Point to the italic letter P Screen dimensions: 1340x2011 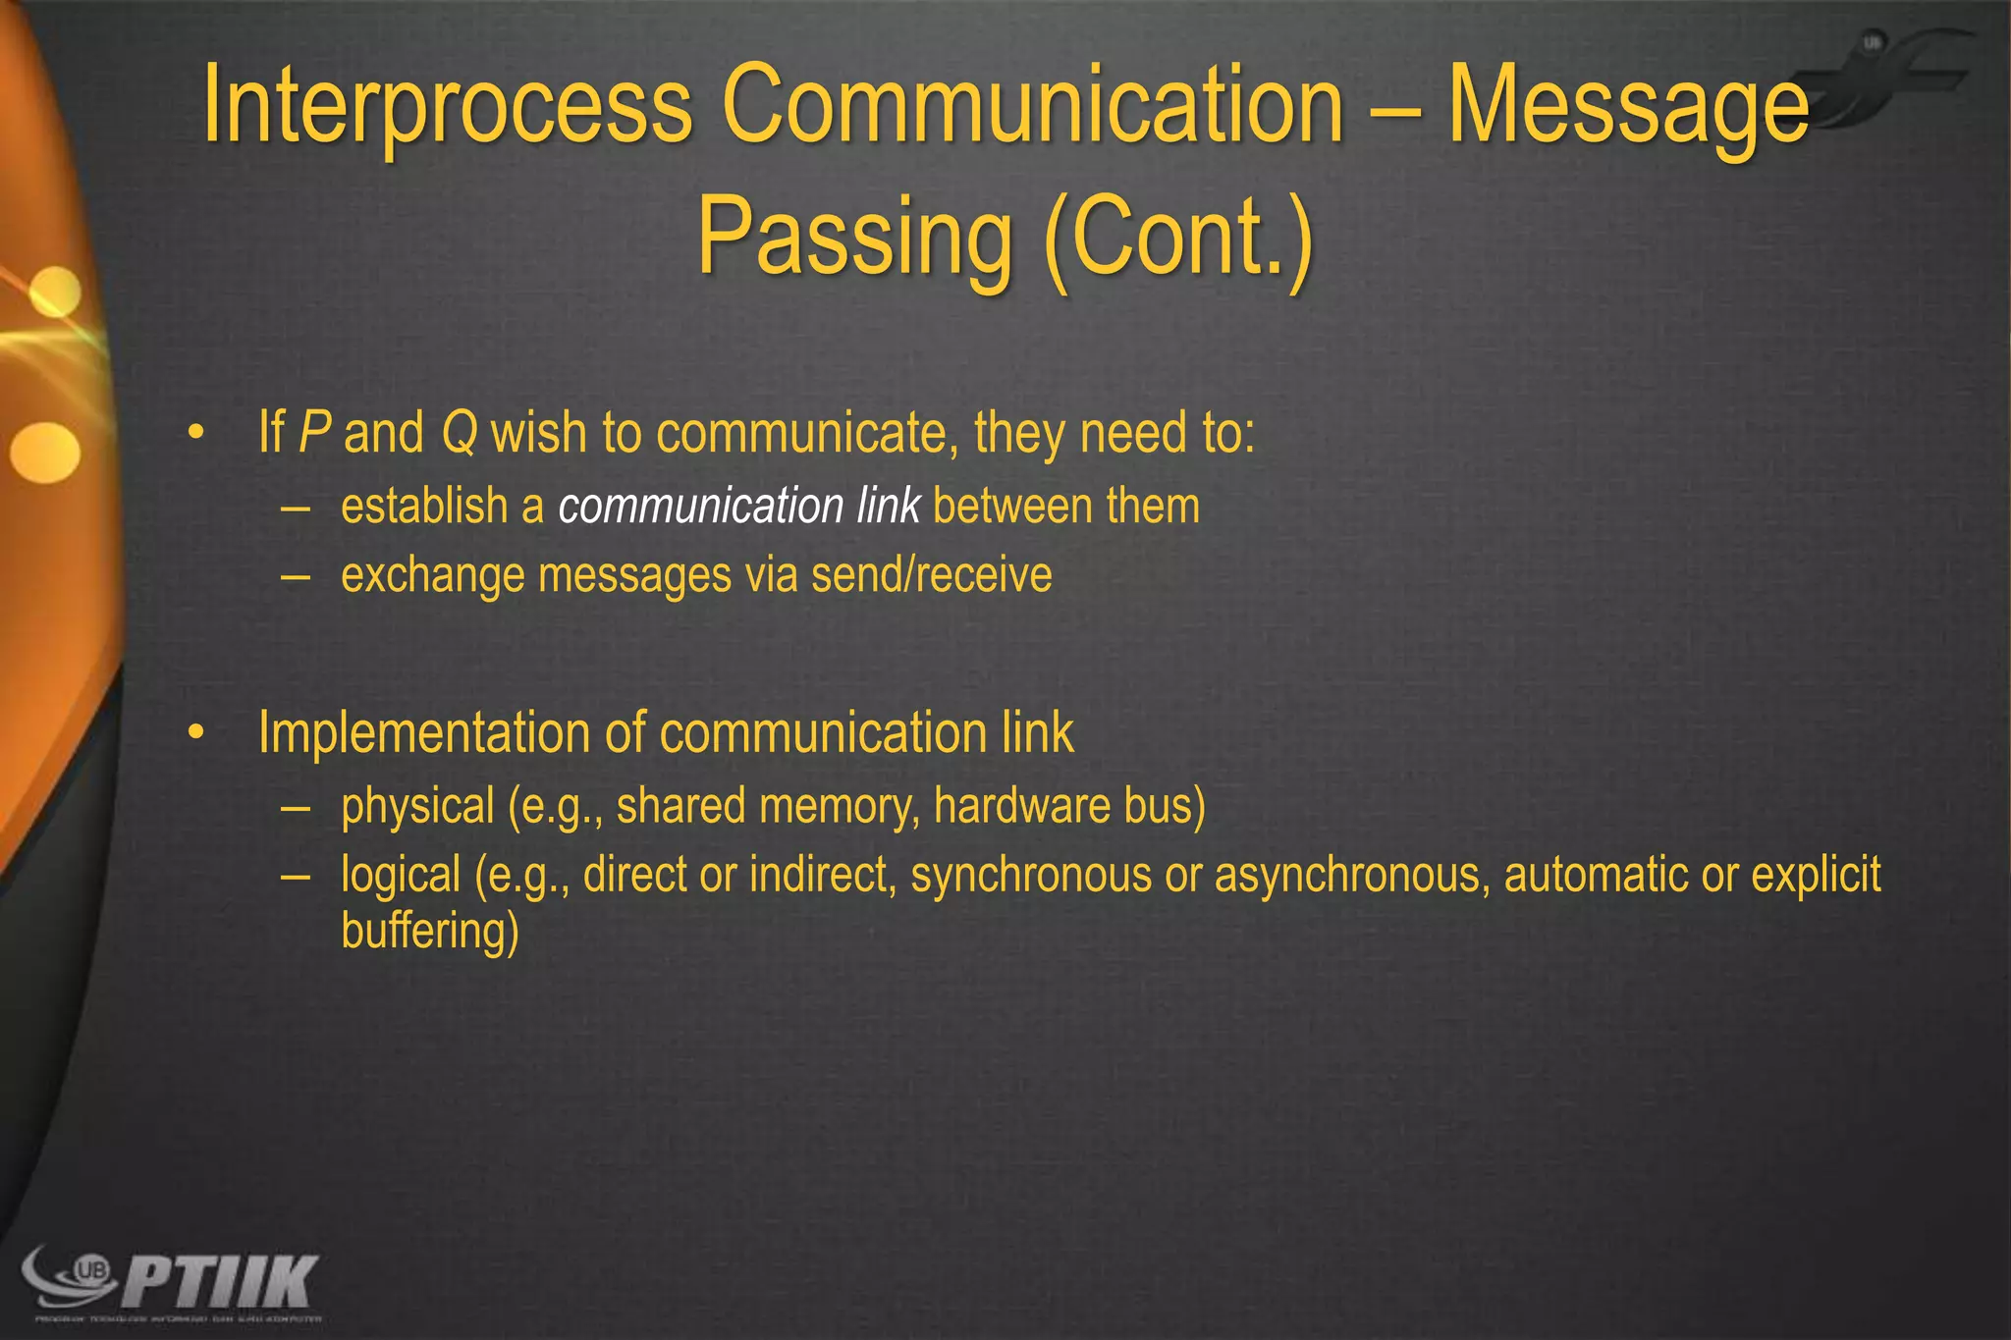pos(314,432)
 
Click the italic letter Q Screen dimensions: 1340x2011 pos(459,432)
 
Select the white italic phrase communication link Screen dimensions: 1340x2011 pos(738,507)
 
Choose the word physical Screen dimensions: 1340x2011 pos(417,807)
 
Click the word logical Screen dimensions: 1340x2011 pos(401,875)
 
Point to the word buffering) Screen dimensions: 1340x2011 pos(429,931)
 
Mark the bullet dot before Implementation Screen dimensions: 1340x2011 pos(197,732)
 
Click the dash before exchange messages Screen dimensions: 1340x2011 pos(296,576)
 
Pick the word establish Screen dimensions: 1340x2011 pos(423,507)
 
